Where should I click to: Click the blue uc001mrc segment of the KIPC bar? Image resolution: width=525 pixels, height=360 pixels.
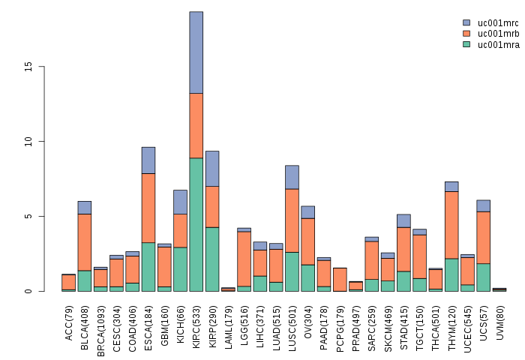pos(196,52)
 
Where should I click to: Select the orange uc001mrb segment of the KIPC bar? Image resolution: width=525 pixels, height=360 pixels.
pos(196,125)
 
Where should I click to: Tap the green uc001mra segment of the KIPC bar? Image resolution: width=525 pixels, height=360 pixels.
pos(196,225)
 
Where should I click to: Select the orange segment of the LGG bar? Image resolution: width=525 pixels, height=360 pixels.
pos(244,259)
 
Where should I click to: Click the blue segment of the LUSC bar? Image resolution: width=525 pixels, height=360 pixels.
pos(292,177)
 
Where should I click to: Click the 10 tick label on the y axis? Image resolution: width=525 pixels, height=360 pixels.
pos(29,141)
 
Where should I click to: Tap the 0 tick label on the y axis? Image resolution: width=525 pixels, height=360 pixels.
pos(29,291)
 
